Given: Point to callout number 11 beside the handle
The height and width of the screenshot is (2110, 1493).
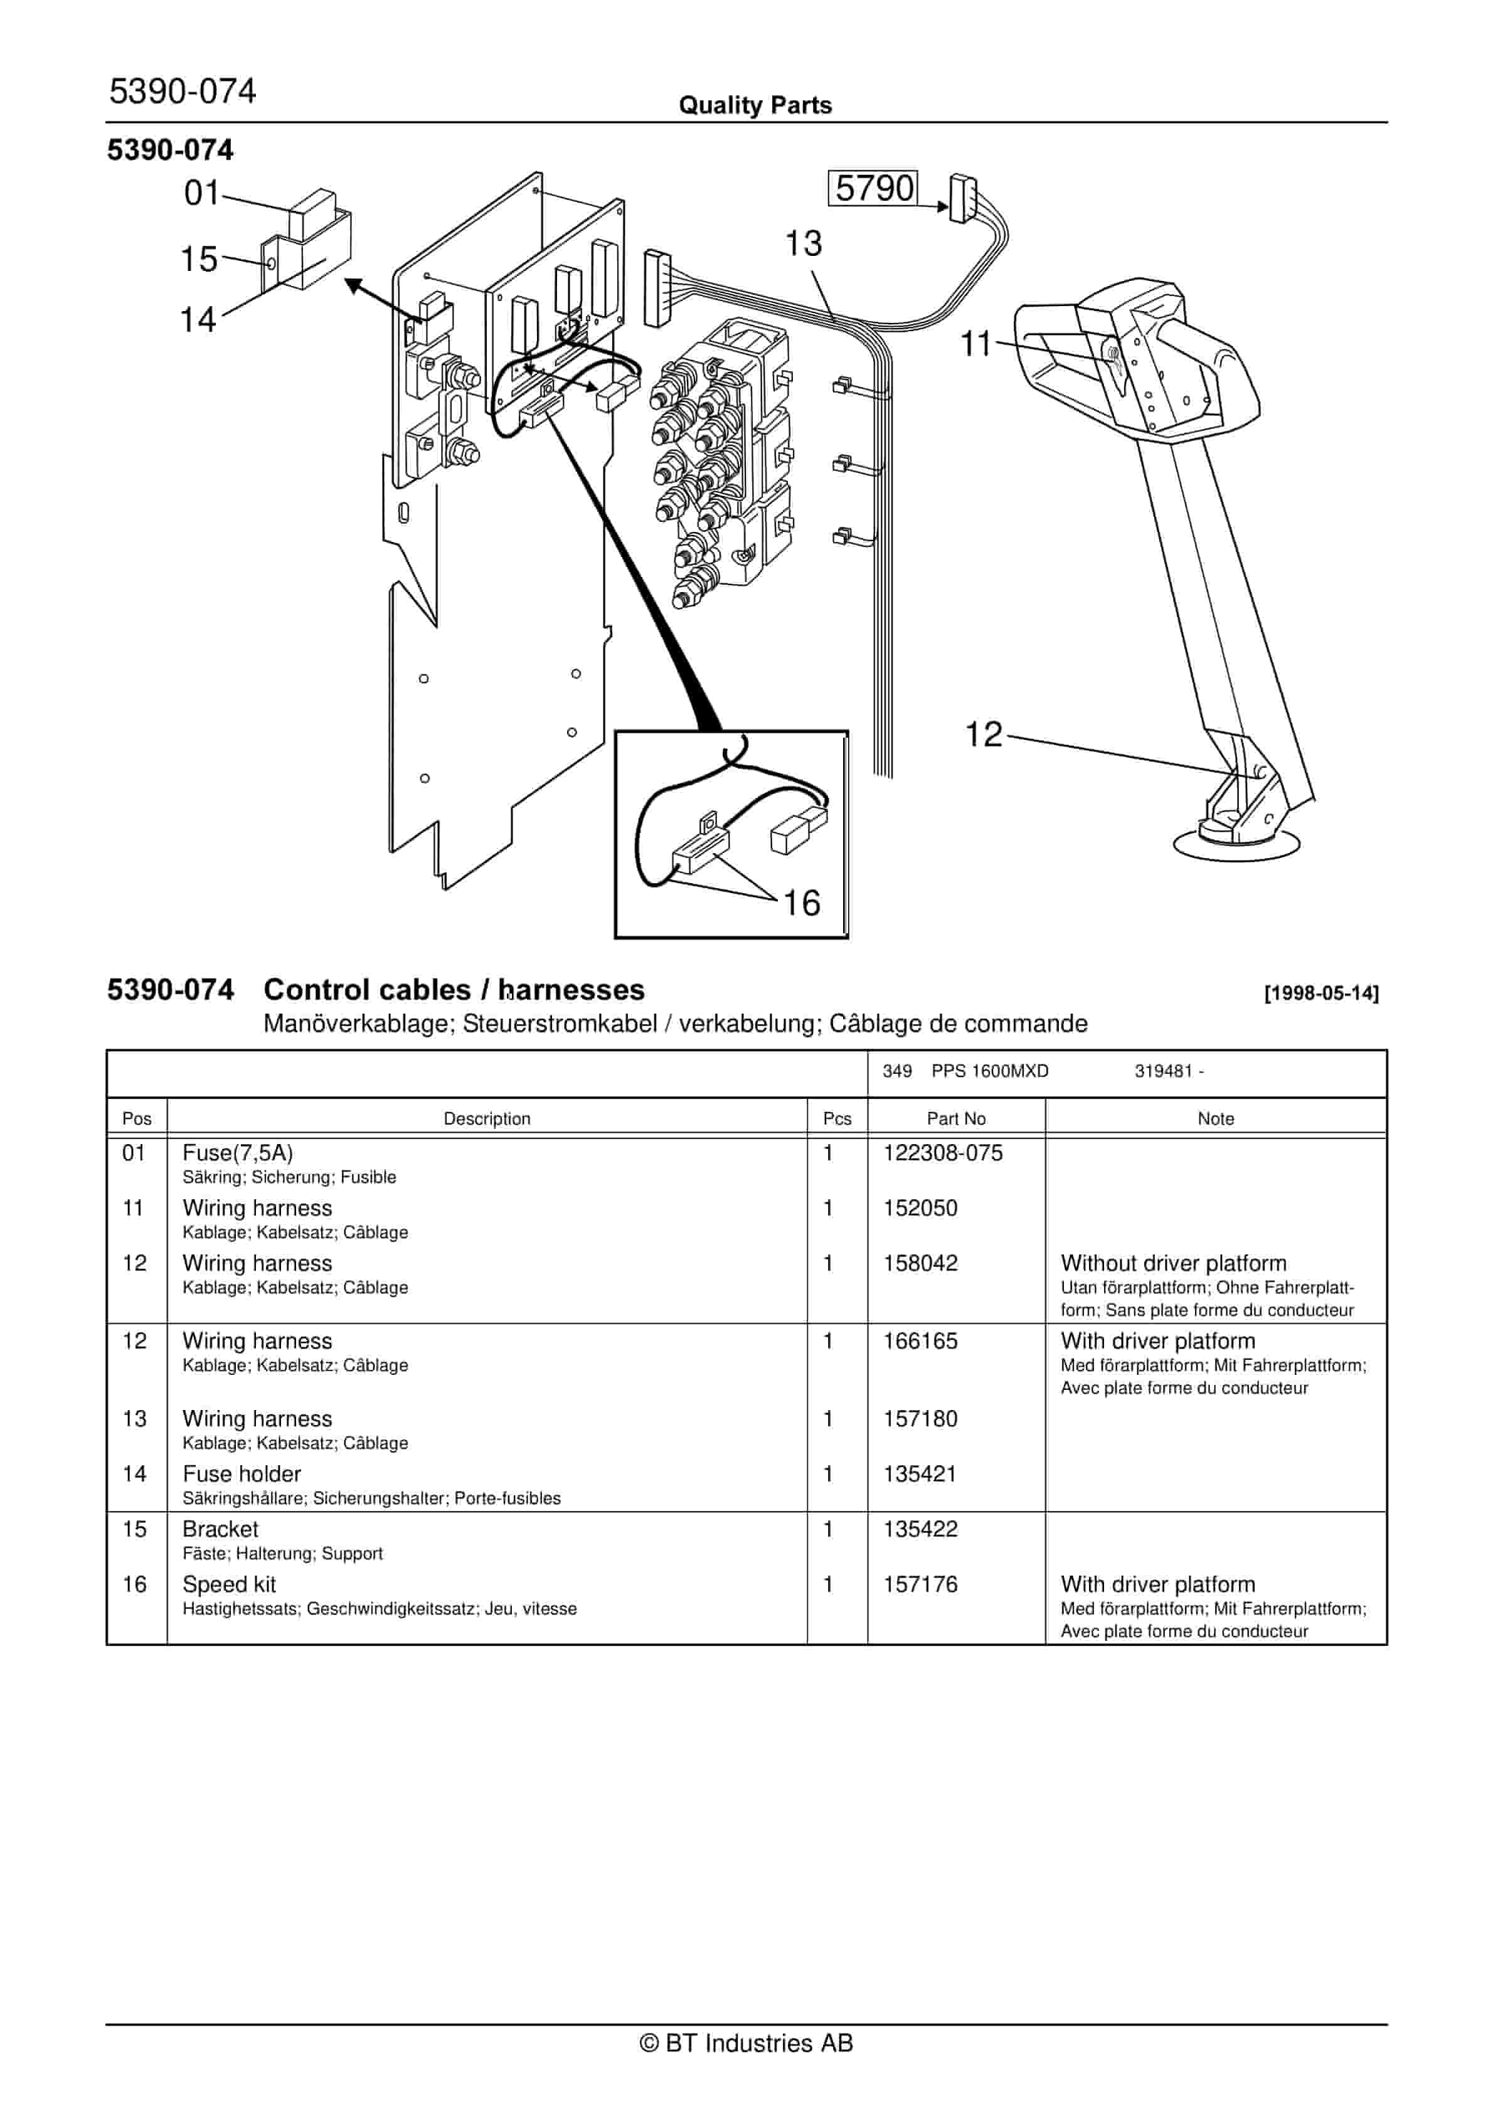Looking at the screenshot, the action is click(x=976, y=344).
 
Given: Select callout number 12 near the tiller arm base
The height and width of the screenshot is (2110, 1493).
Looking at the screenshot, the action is click(x=983, y=734).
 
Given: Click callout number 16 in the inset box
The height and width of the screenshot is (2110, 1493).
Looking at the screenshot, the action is click(x=802, y=903).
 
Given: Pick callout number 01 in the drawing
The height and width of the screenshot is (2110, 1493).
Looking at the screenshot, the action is click(x=202, y=193).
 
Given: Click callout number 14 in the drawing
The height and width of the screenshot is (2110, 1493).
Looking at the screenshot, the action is click(x=198, y=320).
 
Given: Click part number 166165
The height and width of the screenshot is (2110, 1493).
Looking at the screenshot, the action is click(x=920, y=1341).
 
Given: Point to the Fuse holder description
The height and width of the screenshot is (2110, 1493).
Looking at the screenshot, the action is click(x=242, y=1474).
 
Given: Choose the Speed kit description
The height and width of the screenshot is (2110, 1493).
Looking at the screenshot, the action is click(x=229, y=1584).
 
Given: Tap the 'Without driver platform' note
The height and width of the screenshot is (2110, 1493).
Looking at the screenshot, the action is click(x=1173, y=1264).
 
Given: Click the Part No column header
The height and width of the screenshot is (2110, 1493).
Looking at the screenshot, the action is click(x=956, y=1118).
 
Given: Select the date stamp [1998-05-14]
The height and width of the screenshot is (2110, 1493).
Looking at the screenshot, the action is click(x=1321, y=994).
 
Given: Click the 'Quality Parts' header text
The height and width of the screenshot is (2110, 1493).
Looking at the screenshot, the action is click(x=755, y=105).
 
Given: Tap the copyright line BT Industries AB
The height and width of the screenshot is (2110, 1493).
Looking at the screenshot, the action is click(x=746, y=2043).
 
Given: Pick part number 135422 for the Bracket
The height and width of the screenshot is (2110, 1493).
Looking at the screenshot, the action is click(x=920, y=1529).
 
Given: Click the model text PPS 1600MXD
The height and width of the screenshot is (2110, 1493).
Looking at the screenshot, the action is click(x=990, y=1071).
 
